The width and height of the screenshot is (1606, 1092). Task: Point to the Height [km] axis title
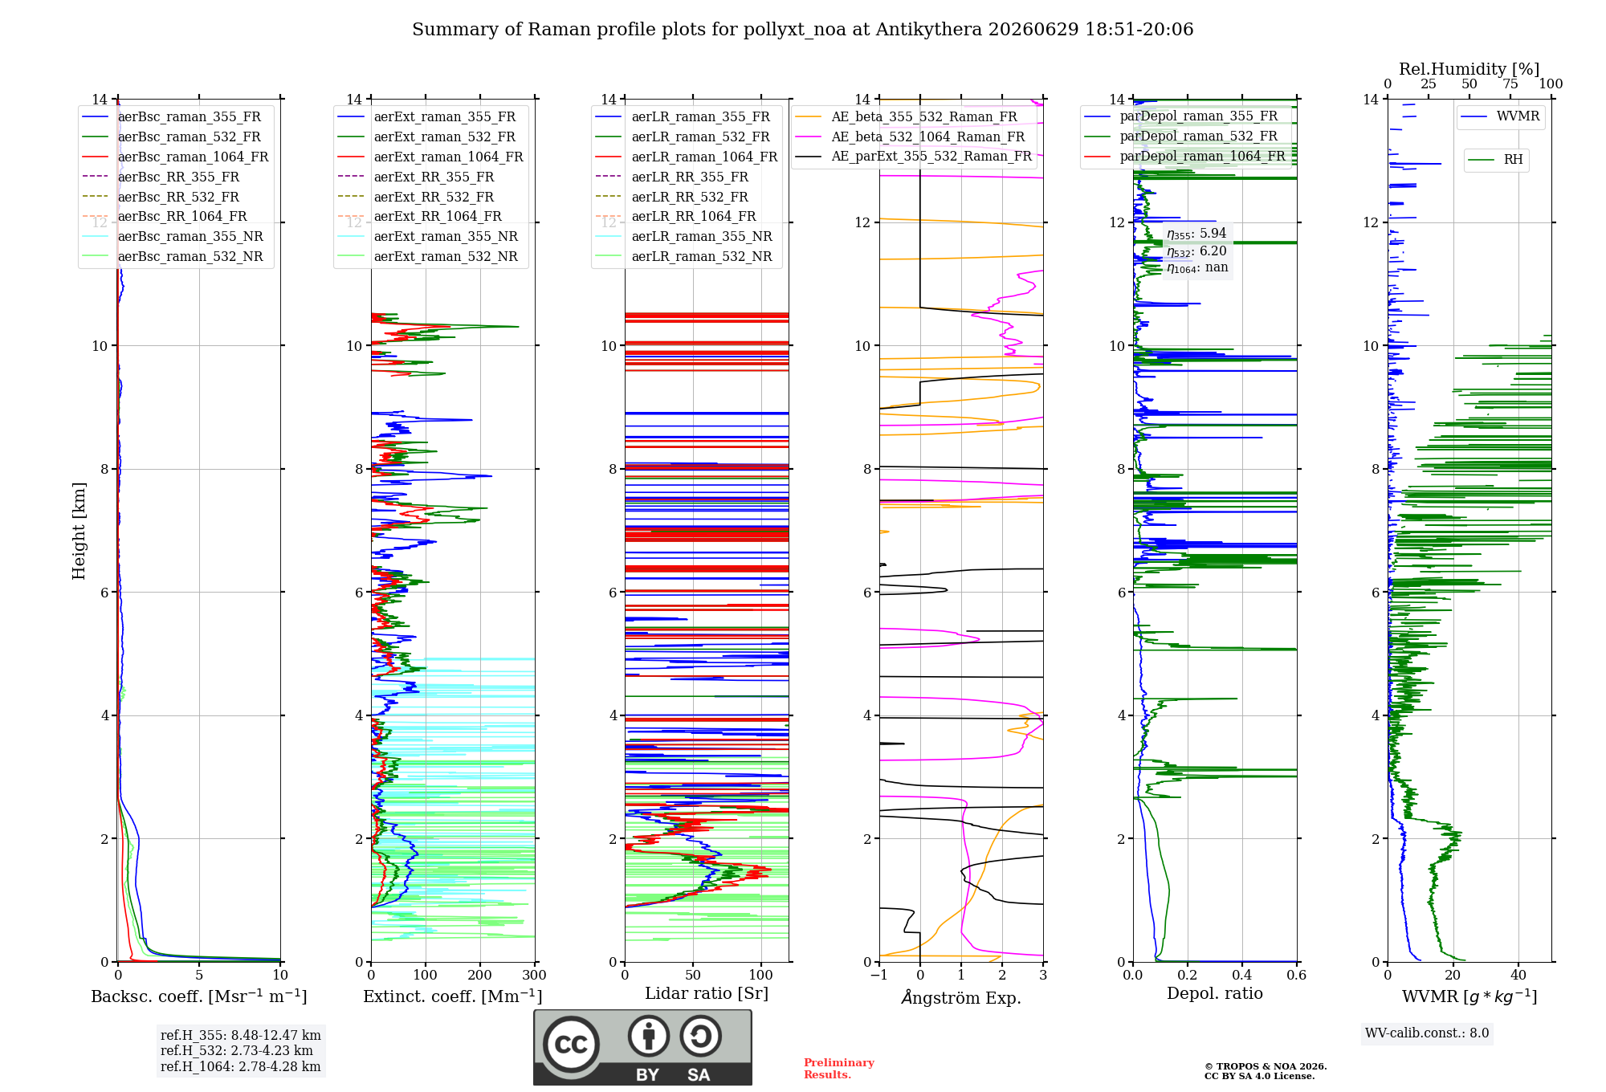tap(79, 531)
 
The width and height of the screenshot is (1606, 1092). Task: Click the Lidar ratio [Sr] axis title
tap(707, 993)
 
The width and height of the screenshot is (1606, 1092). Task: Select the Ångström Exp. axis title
tap(961, 997)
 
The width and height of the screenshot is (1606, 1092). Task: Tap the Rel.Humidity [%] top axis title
tap(1469, 69)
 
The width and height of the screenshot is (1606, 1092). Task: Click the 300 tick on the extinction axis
tap(534, 976)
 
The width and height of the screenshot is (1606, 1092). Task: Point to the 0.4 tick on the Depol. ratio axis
tap(1241, 976)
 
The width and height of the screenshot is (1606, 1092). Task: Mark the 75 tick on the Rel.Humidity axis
tap(1510, 84)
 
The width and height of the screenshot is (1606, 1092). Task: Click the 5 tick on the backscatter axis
tap(199, 976)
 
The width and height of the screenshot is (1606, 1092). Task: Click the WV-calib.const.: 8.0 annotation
tap(1427, 1033)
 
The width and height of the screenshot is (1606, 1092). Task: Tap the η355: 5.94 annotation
tap(1196, 234)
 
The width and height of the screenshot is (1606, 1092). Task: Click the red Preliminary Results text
tap(839, 1069)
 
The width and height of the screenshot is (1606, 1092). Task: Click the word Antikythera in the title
tap(929, 30)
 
